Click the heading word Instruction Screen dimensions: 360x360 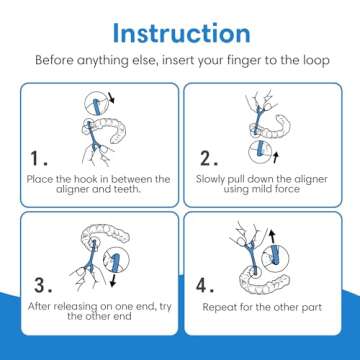point(182,33)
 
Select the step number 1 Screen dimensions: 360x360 point(39,158)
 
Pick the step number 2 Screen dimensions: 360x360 point(209,158)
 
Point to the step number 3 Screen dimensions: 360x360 point(43,285)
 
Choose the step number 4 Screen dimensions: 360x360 point(205,286)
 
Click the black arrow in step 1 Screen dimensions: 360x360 point(111,99)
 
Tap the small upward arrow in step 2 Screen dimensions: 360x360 point(275,158)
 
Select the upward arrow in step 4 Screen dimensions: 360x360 point(273,237)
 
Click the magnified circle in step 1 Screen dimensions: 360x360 point(97,103)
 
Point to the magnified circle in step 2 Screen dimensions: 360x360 point(260,152)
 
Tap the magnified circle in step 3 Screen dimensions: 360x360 point(115,259)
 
